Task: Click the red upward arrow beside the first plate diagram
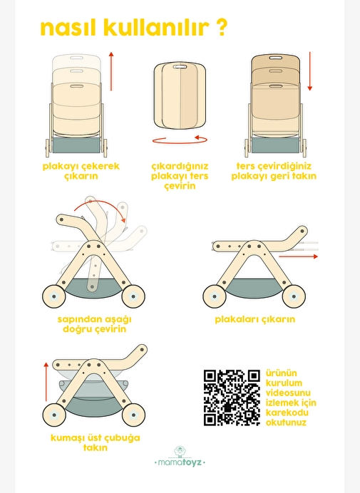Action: tap(111, 71)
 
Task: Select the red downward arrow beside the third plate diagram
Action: tap(310, 71)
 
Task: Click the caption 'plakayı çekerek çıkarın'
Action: tap(81, 171)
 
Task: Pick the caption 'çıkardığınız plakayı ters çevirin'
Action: tap(180, 176)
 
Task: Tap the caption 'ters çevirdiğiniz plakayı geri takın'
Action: tap(274, 171)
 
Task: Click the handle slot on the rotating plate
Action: tap(180, 67)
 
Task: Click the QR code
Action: tap(232, 398)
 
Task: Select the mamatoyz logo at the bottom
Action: tap(180, 457)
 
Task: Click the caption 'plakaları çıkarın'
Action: tap(255, 319)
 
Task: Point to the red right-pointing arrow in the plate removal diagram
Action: tap(298, 256)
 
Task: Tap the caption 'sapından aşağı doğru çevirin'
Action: tap(94, 324)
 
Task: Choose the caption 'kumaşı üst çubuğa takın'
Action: tap(95, 442)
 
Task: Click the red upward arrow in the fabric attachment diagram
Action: tap(46, 382)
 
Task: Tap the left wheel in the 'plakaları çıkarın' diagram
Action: tap(215, 296)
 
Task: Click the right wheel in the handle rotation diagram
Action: tap(133, 296)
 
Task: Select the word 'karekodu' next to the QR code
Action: tap(287, 412)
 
